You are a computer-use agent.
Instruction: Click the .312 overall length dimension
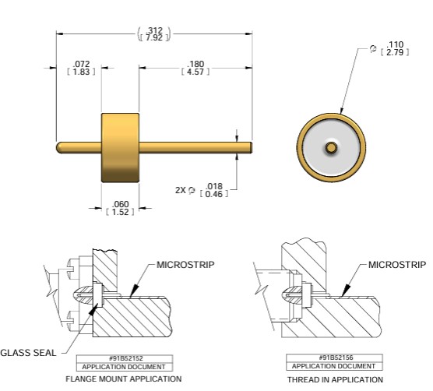click(154, 34)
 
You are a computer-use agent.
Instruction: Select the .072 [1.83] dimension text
click(81, 68)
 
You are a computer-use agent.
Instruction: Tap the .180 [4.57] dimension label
click(195, 68)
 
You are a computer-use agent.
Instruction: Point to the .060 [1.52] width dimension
click(120, 208)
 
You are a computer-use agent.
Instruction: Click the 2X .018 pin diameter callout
click(202, 190)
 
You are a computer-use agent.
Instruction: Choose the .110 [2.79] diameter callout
click(389, 48)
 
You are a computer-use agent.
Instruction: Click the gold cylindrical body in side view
click(120, 148)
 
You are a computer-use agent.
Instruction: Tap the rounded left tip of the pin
click(58, 147)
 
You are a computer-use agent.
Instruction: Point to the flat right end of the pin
click(251, 147)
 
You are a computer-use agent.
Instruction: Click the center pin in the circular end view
click(331, 148)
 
